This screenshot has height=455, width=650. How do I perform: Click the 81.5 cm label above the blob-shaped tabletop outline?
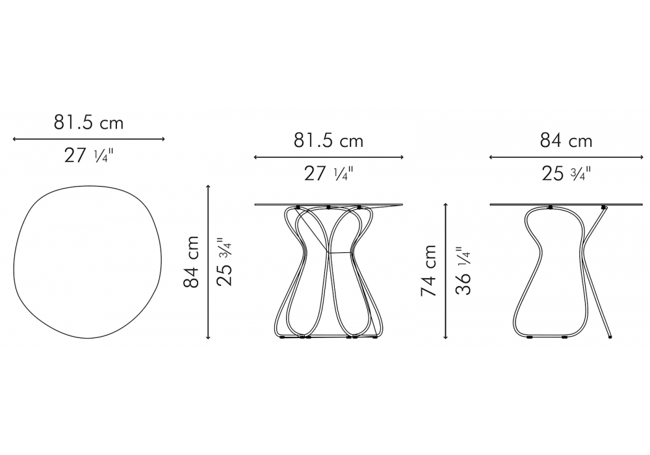[88, 122]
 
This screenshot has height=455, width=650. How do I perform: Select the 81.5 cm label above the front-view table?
[328, 140]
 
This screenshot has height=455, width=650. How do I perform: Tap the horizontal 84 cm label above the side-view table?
[566, 141]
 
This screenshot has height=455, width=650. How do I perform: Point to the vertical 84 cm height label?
[192, 262]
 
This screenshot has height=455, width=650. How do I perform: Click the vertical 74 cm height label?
[429, 270]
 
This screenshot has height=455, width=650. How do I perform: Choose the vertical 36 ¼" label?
[463, 271]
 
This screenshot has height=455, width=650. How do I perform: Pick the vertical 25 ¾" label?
[226, 262]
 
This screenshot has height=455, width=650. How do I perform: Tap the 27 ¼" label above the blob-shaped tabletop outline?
[88, 155]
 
